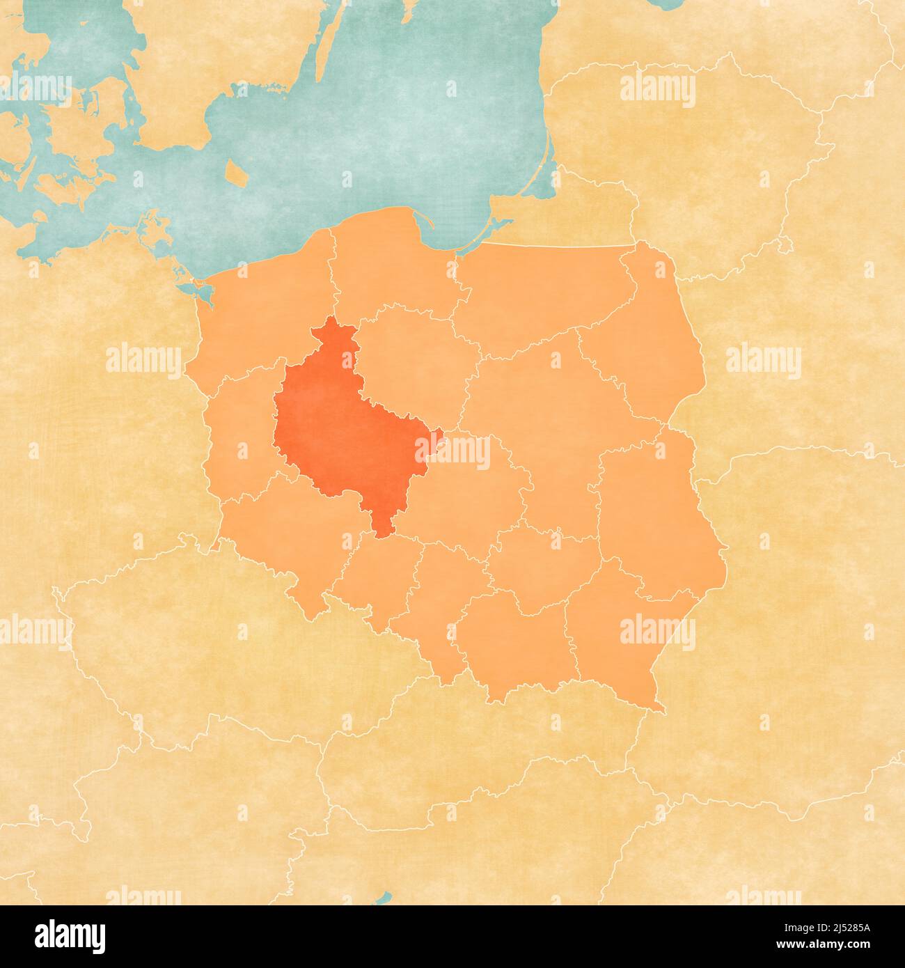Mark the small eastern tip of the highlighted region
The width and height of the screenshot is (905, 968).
[x=437, y=437]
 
